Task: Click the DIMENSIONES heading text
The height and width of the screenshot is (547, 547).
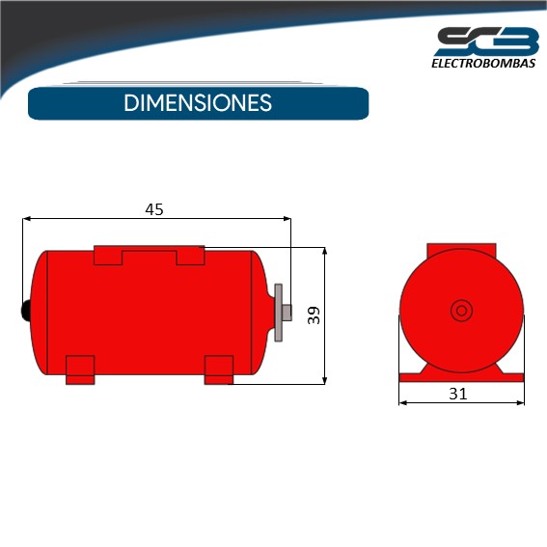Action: coord(198,103)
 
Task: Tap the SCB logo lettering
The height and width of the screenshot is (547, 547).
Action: coord(486,41)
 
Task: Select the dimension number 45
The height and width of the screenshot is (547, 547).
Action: coord(154,209)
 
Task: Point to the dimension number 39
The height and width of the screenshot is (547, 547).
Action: coord(314,315)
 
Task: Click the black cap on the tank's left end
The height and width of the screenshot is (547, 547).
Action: coord(25,310)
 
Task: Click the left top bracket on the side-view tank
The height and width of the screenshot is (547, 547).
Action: coord(108,256)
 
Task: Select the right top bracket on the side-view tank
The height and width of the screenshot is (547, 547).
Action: coord(190,256)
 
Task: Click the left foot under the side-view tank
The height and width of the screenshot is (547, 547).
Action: coord(80,369)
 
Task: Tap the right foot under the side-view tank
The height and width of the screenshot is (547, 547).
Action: coord(219,369)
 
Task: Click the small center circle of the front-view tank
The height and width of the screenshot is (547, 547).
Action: coord(461,310)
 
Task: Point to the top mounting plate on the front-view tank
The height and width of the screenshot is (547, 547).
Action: coord(461,249)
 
